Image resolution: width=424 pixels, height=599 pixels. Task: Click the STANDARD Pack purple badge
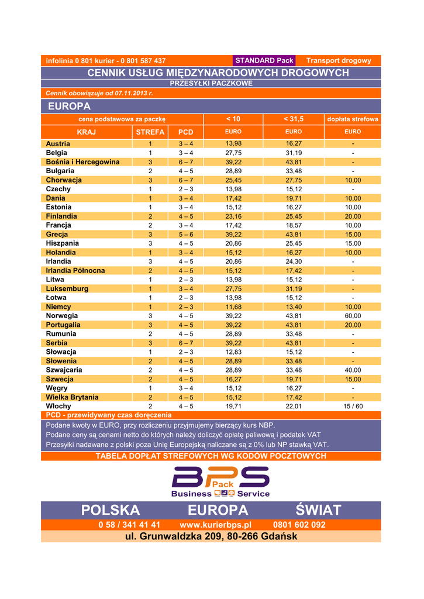264,61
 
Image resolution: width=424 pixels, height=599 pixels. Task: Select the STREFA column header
150,132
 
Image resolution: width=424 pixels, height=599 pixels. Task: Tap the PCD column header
185,132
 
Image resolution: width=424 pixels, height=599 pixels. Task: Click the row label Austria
58,144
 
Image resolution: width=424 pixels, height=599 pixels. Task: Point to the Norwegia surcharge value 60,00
353,316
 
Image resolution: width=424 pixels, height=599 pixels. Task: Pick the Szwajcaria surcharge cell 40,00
353,370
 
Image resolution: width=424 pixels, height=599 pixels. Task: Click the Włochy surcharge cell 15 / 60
353,406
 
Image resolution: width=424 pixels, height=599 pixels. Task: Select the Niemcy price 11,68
233,307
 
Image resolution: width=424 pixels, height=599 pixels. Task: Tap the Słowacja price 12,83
233,352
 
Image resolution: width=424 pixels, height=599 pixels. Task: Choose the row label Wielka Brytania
72,397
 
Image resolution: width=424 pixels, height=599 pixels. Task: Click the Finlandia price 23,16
233,216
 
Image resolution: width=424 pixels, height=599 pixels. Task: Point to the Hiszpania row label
63,243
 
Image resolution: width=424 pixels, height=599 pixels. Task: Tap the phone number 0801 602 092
299,525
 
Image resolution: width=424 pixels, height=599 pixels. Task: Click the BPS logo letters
220,478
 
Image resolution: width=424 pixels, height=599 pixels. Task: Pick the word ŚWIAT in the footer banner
318,510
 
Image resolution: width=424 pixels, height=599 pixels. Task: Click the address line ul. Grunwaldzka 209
211,536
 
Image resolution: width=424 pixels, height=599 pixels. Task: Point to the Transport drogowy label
339,61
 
